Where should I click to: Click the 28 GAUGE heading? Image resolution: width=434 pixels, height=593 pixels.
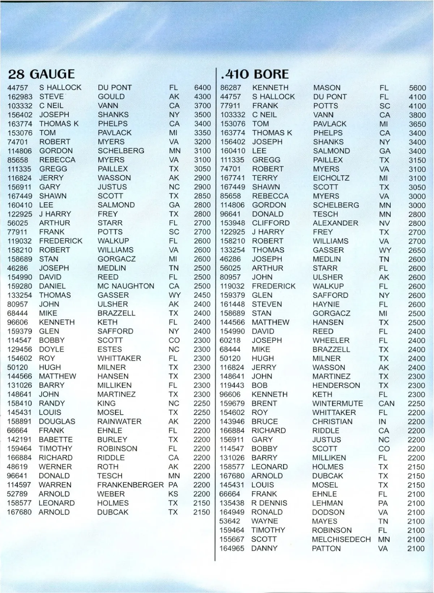tap(41, 74)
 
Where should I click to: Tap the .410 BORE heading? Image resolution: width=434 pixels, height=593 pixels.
tap(255, 74)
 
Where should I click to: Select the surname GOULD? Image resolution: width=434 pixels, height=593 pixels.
tap(111, 97)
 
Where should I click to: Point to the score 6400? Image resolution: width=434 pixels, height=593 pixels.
tap(202, 88)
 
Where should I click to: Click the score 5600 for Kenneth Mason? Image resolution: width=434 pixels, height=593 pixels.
tap(417, 88)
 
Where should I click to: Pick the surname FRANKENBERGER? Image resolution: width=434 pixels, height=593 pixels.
tap(130, 485)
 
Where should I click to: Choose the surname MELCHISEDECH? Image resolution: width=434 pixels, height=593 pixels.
tap(341, 540)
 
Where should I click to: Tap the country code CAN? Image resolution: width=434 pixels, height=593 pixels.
tap(386, 404)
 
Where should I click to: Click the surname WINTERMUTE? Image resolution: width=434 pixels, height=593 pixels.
tap(337, 404)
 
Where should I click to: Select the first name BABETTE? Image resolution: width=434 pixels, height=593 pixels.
tap(56, 440)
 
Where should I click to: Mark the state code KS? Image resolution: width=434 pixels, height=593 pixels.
tap(174, 494)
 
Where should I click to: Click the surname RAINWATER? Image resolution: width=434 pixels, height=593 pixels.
tap(119, 422)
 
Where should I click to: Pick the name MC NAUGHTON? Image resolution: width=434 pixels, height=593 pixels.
tap(126, 286)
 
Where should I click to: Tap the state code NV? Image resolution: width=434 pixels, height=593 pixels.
tap(384, 223)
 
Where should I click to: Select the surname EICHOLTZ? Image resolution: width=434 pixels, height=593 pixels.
tap(331, 178)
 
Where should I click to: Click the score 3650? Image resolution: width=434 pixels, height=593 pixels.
tap(417, 124)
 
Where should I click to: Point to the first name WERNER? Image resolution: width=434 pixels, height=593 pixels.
tap(55, 467)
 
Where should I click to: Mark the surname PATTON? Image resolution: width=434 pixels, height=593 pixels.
tap(326, 549)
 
